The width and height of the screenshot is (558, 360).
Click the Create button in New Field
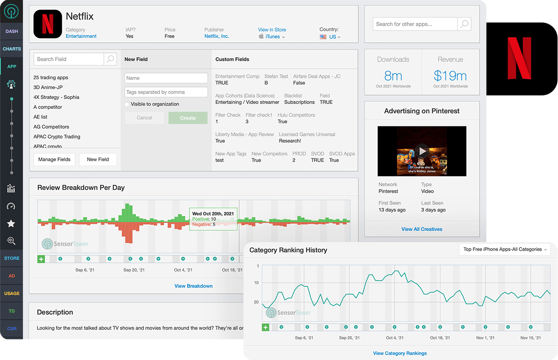188,118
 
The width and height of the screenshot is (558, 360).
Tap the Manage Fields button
54,159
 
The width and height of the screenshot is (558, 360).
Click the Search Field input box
69,59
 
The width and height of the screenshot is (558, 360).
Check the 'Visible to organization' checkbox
127,104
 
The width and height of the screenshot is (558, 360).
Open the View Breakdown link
193,286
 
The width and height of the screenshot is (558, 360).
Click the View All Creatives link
422,229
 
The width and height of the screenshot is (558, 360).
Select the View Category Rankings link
400,353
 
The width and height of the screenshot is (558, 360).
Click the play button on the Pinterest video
422,151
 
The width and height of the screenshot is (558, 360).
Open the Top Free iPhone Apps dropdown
505,249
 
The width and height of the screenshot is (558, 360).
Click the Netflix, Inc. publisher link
216,36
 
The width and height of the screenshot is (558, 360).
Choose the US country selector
332,37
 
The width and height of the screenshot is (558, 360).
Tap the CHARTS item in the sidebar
11,49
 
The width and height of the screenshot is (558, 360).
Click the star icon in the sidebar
11,224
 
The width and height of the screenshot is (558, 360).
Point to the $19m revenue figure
450,76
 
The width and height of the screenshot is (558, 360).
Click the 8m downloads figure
393,76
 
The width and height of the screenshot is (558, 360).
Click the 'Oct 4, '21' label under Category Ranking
395,337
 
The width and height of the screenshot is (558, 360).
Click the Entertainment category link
81,36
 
